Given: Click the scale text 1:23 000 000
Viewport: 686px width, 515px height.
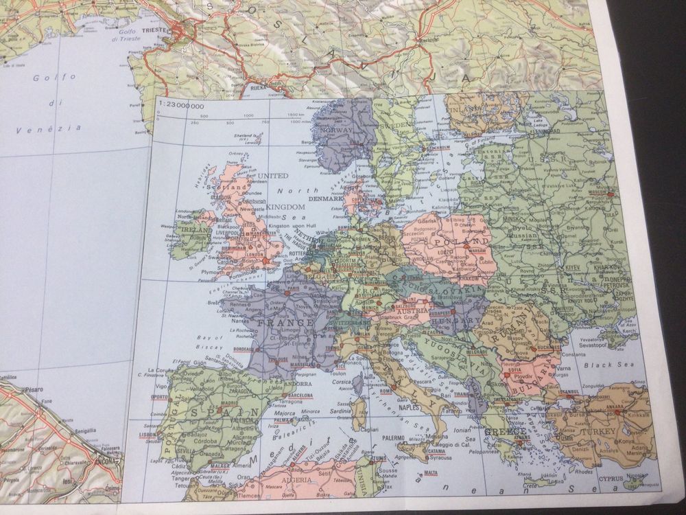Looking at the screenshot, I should click(180, 106).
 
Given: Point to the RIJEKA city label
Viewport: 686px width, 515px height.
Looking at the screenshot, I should click(257, 88).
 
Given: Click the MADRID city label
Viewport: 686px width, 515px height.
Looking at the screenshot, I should click(229, 403).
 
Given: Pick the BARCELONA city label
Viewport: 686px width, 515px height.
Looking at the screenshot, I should click(300, 396).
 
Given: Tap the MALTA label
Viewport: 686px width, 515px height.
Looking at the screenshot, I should click(430, 472).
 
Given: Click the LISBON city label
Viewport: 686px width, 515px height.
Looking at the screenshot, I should click(149, 435).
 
